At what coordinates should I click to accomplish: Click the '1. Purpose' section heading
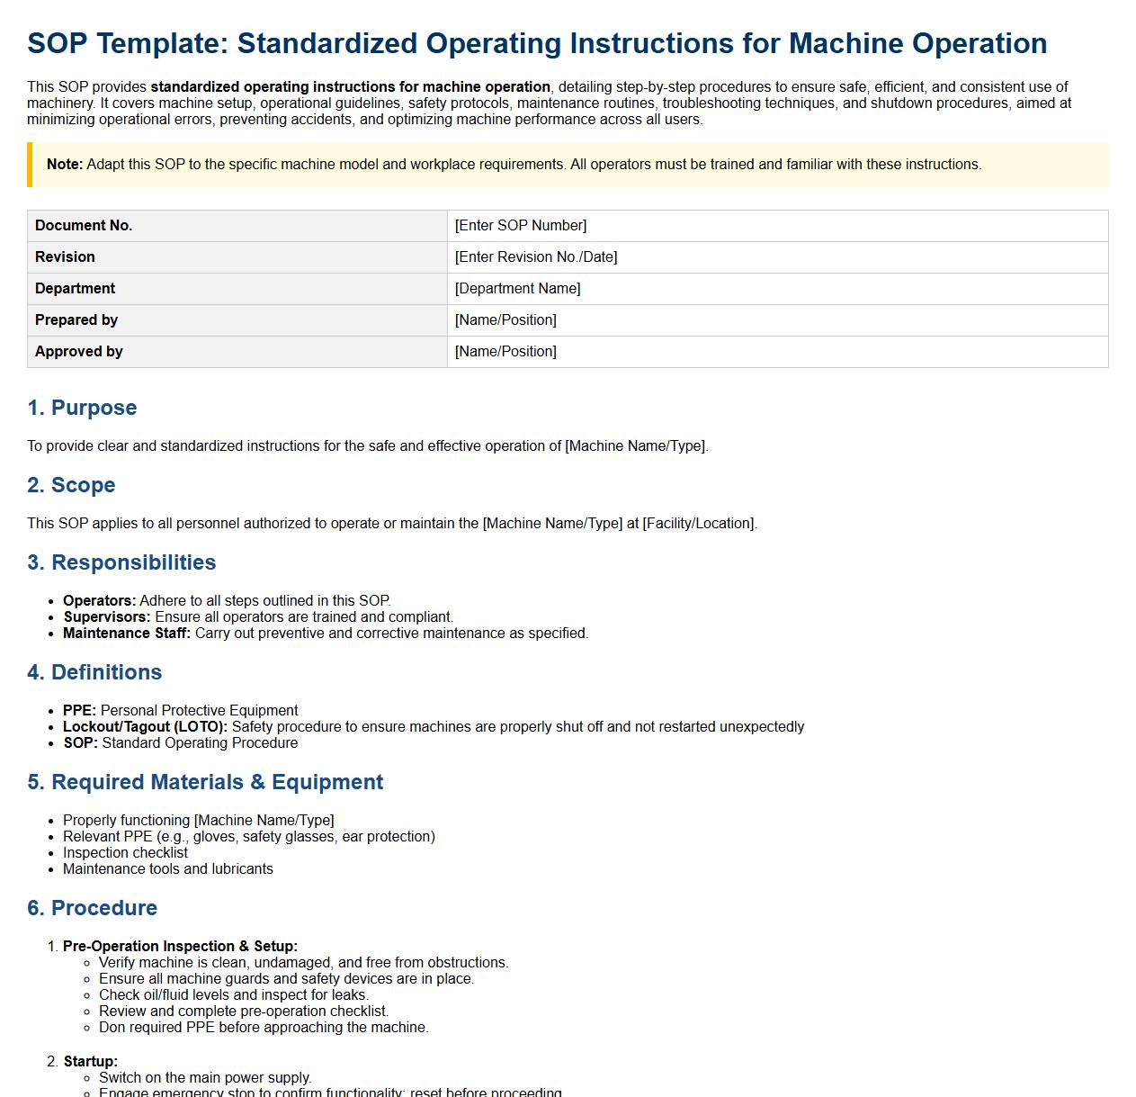pos(82,408)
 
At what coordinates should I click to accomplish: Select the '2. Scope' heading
pos(71,485)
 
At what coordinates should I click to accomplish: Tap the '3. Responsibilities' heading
pos(121,562)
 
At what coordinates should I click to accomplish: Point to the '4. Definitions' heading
pos(94,672)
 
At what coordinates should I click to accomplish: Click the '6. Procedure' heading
pos(92,908)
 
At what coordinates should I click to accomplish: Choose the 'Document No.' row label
pos(84,226)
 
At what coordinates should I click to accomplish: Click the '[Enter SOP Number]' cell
pos(521,226)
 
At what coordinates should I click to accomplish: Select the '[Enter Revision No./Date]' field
pos(536,257)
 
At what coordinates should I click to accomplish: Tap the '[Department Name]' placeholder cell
pos(518,289)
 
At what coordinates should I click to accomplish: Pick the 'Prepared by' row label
pos(76,320)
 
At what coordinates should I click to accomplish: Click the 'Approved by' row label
pos(79,352)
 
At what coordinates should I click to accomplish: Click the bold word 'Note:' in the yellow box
pos(65,165)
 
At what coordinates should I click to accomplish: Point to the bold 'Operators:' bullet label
pos(99,601)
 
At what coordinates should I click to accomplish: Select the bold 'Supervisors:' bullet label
pos(107,617)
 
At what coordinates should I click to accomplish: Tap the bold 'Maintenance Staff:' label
pos(127,634)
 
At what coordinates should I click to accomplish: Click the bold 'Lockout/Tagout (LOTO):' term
pos(146,727)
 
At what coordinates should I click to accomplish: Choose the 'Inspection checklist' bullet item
pos(125,853)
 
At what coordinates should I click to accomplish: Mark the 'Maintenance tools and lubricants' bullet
pos(167,869)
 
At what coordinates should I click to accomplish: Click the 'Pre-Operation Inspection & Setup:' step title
pos(180,947)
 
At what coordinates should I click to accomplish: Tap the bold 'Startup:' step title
pos(90,1062)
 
